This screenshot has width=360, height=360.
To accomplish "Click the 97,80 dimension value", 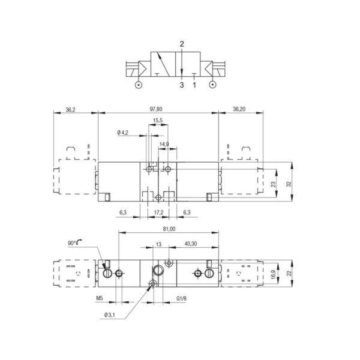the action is click(156, 109).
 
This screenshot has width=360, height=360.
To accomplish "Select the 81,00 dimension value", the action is click(169, 229).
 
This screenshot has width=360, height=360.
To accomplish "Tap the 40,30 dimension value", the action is click(191, 244).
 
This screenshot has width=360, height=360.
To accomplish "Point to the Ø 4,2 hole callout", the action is click(122, 133).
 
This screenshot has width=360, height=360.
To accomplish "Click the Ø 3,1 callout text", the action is click(109, 315).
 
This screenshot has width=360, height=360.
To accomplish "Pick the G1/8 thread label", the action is click(181, 298).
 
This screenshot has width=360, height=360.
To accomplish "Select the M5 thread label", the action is click(100, 298).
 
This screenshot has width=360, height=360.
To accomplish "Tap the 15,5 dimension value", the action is click(158, 120).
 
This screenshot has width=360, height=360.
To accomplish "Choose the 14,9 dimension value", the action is click(164, 144).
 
